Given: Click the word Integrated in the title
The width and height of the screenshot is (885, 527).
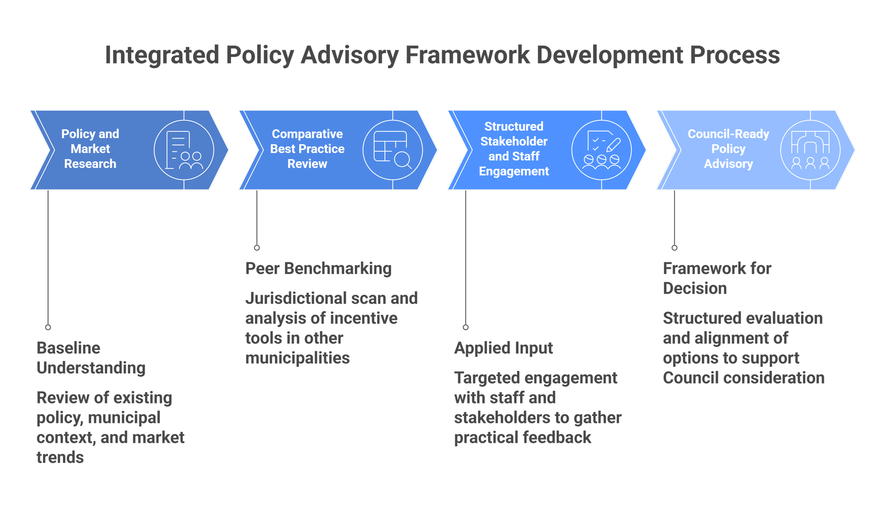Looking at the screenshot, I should click(161, 56).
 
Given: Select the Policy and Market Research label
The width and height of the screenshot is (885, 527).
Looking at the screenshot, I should click(90, 149).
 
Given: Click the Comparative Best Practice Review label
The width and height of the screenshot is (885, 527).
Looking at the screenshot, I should click(307, 149).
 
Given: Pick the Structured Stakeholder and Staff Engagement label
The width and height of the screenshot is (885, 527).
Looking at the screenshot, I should click(514, 149).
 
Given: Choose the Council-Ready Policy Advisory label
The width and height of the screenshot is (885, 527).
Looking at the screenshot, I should click(728, 149).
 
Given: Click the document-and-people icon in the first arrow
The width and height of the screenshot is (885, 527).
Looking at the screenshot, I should click(184, 150).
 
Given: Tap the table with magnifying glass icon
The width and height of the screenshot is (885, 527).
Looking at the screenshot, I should click(393, 150).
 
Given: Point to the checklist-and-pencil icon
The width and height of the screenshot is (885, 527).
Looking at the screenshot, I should click(601, 150).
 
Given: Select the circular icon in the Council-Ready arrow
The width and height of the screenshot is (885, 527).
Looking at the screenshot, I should click(810, 150).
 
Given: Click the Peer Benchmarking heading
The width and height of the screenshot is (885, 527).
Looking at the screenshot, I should click(318, 269).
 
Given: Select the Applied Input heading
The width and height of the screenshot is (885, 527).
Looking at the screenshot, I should click(504, 348).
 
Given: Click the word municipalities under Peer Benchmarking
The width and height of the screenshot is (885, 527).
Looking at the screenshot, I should click(298, 358).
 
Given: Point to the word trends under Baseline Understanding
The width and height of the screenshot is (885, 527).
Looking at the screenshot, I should click(61, 458).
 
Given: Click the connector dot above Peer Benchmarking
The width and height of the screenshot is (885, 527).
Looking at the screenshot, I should click(257, 248).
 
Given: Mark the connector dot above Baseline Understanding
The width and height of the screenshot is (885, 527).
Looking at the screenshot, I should click(48, 327).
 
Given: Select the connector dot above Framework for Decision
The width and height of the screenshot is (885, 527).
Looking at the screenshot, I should click(674, 248).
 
